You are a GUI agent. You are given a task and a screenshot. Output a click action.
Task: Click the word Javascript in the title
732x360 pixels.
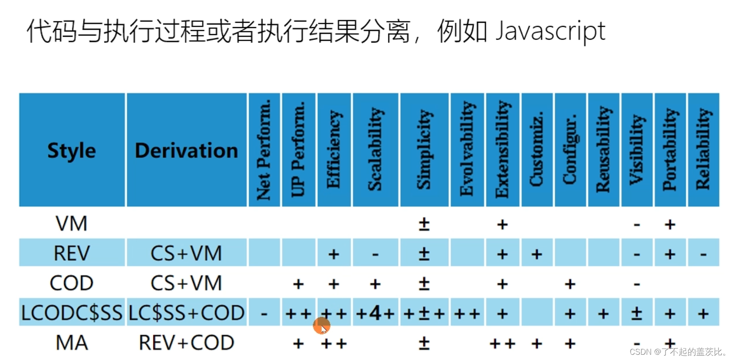coord(550,31)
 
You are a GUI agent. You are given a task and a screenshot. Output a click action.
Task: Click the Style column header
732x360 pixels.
coord(72,150)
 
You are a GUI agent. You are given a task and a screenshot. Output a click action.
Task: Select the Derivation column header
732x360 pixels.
coord(187,150)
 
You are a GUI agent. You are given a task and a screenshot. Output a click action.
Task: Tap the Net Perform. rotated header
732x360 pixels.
coord(264,150)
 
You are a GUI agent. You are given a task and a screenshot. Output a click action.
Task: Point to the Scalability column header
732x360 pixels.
coord(375,150)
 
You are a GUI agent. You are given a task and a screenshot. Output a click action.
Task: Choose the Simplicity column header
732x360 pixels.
coord(424,150)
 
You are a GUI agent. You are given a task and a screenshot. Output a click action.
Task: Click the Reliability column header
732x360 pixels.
coord(703,150)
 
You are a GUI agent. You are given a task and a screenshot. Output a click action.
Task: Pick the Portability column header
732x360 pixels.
coord(670,150)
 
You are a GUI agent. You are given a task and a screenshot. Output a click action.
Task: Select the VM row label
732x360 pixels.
coord(72,224)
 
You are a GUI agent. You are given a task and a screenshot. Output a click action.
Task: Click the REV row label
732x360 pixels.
coord(72,253)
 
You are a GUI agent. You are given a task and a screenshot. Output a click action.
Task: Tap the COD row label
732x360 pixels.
coord(72,283)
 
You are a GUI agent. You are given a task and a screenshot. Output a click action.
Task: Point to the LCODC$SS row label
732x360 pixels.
coord(72,313)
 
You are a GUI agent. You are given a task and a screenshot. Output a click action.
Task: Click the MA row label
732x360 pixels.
coord(72,343)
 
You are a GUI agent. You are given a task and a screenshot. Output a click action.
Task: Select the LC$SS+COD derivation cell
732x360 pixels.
coord(187,313)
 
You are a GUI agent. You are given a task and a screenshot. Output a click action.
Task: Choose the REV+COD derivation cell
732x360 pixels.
coord(187,343)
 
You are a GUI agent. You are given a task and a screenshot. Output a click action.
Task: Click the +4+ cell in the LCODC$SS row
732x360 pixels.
coord(375,313)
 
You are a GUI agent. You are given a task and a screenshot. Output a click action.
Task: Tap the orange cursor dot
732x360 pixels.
coord(321,326)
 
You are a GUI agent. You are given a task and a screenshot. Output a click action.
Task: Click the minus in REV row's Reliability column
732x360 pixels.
coord(703,254)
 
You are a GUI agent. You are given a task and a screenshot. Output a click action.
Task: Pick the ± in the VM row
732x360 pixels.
coord(424,224)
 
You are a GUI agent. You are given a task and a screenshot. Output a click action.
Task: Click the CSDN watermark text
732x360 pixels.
coord(678,352)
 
